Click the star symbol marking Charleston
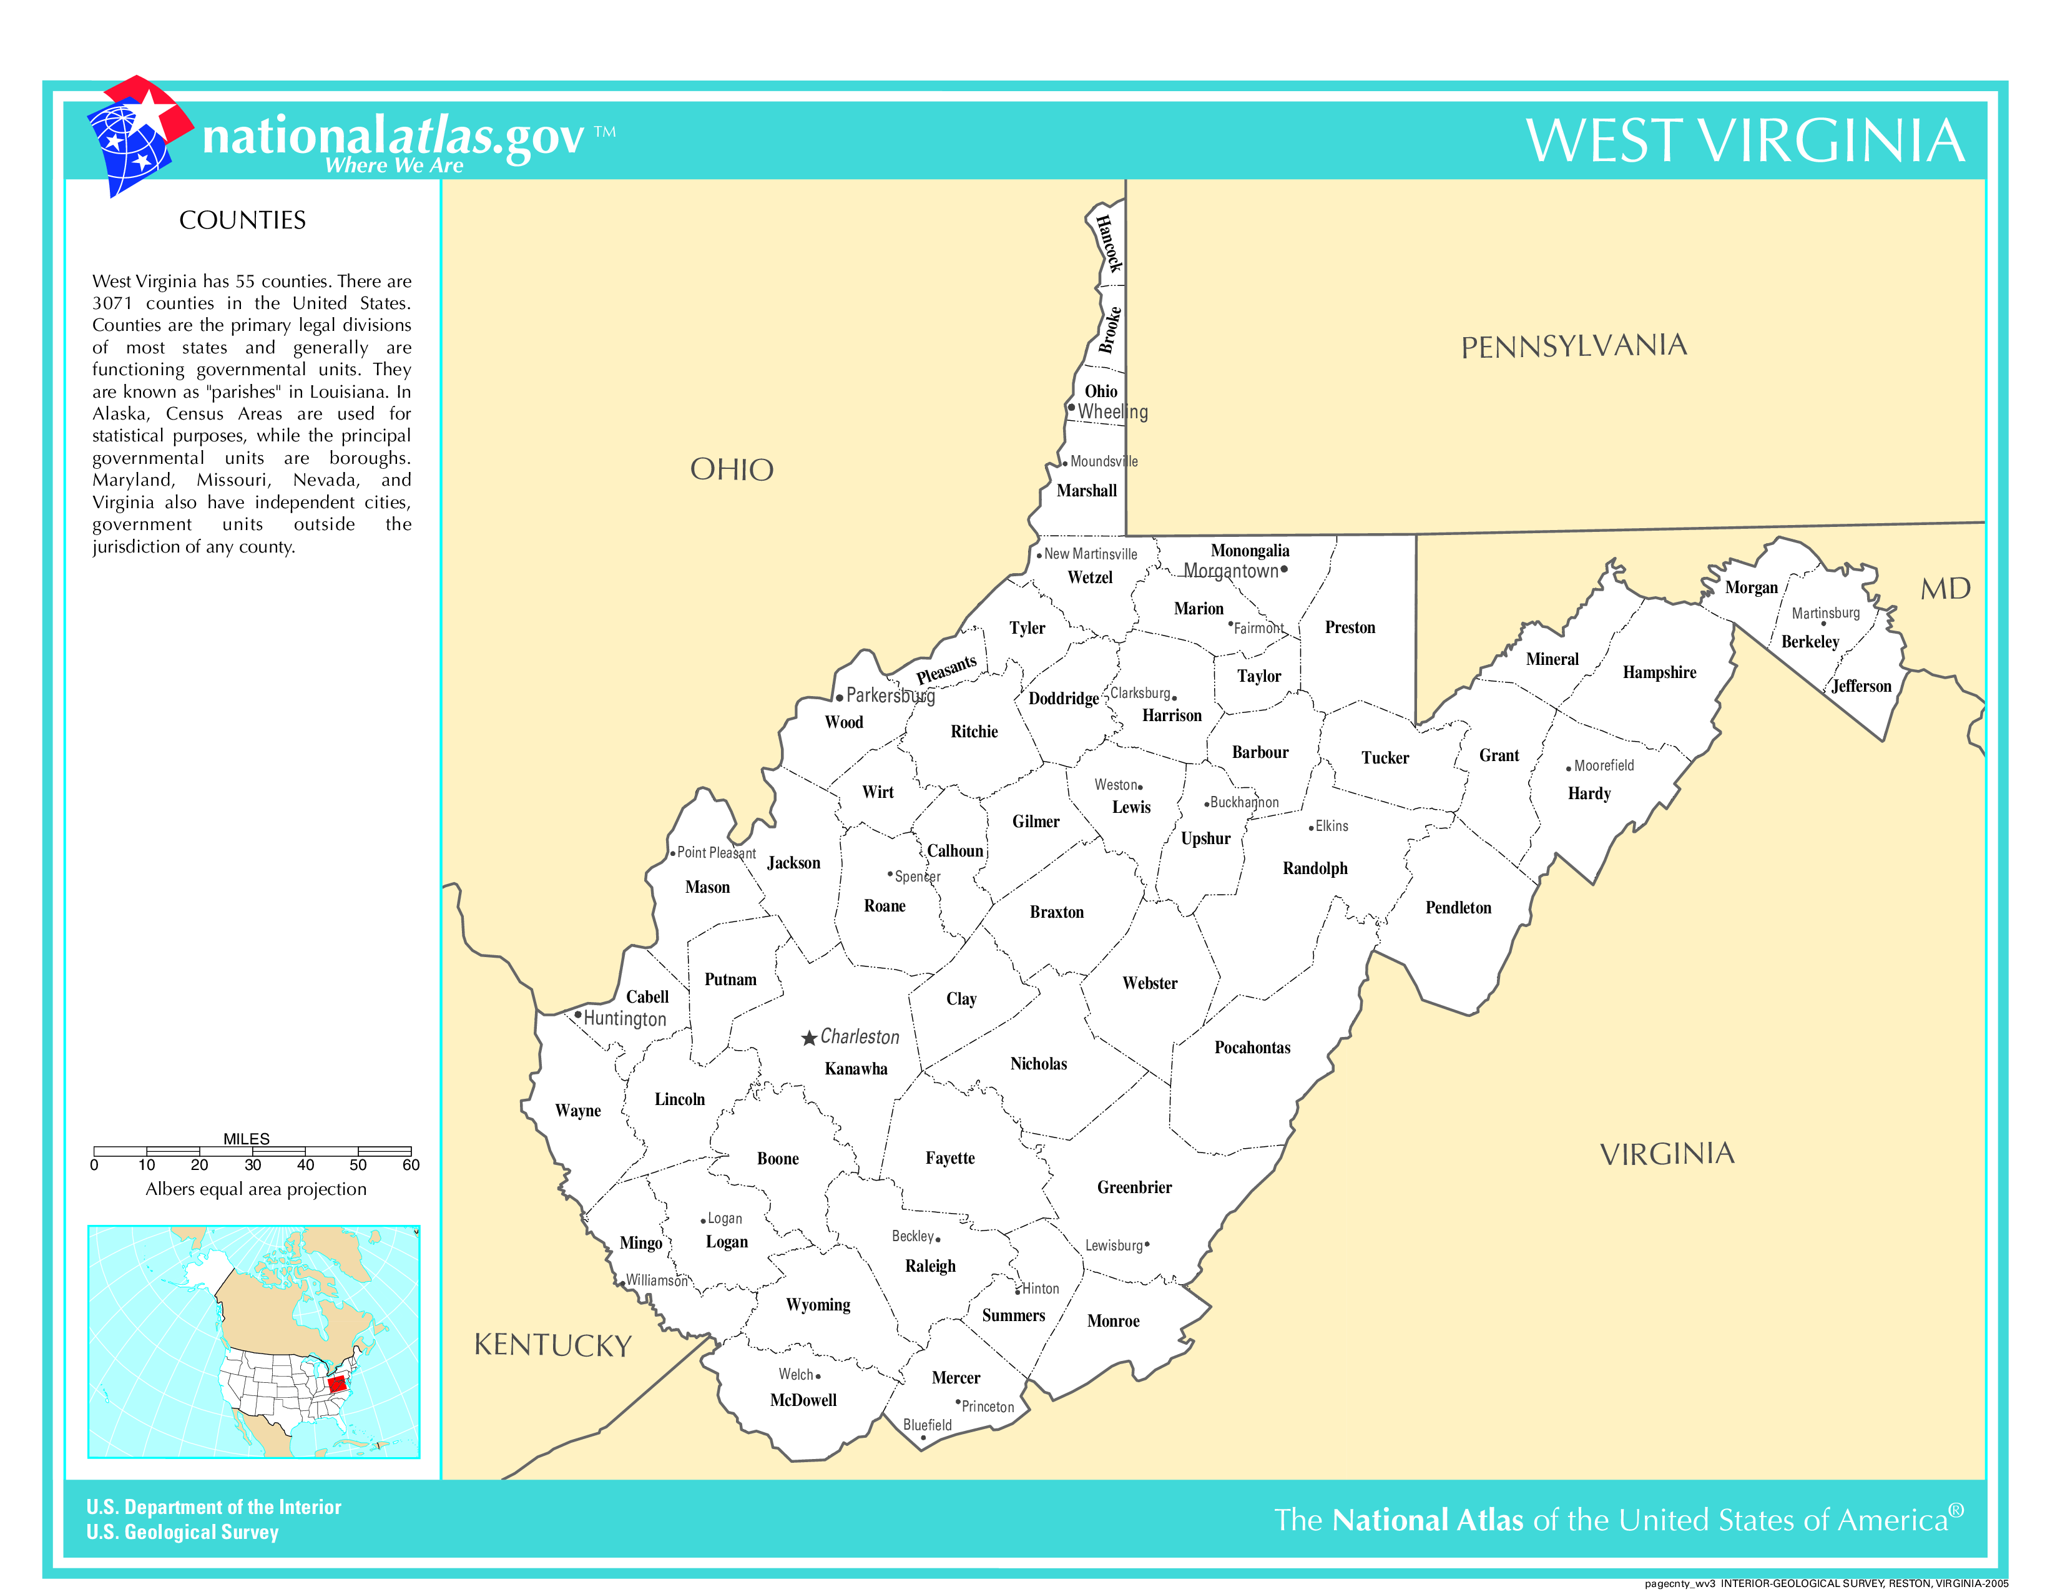click(808, 1038)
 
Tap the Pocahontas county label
click(1252, 1047)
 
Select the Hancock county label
click(1108, 243)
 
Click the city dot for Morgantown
click(1283, 569)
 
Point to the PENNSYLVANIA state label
click(1573, 346)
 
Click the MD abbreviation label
click(1945, 589)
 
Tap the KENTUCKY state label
click(552, 1345)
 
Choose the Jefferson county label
click(1861, 685)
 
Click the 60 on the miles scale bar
click(410, 1165)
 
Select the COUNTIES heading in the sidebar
click(242, 220)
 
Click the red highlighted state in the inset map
click(336, 1383)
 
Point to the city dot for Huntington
click(577, 1015)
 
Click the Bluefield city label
click(927, 1424)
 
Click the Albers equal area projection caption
click(255, 1189)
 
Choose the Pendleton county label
click(1457, 907)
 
